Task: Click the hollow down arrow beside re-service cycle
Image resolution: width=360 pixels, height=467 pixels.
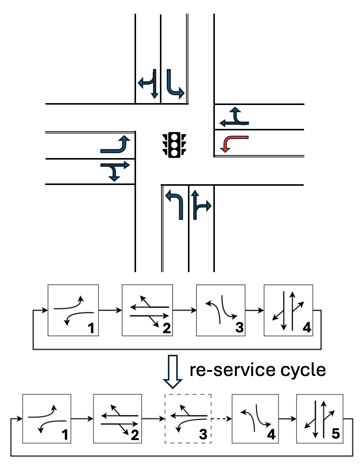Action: (x=172, y=372)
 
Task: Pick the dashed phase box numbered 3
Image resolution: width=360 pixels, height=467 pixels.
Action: (x=187, y=418)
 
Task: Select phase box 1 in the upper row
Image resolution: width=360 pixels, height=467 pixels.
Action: (x=73, y=310)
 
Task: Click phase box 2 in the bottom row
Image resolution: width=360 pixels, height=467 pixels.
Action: (x=117, y=418)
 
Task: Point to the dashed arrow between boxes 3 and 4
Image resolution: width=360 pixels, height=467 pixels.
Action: (x=221, y=419)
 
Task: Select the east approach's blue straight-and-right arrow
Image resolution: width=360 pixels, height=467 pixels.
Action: (x=234, y=117)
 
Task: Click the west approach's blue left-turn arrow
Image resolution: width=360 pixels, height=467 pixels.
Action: (x=116, y=144)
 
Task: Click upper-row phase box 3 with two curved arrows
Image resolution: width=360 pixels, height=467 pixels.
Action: (x=221, y=310)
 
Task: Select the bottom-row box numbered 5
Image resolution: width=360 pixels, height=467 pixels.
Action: (x=320, y=418)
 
